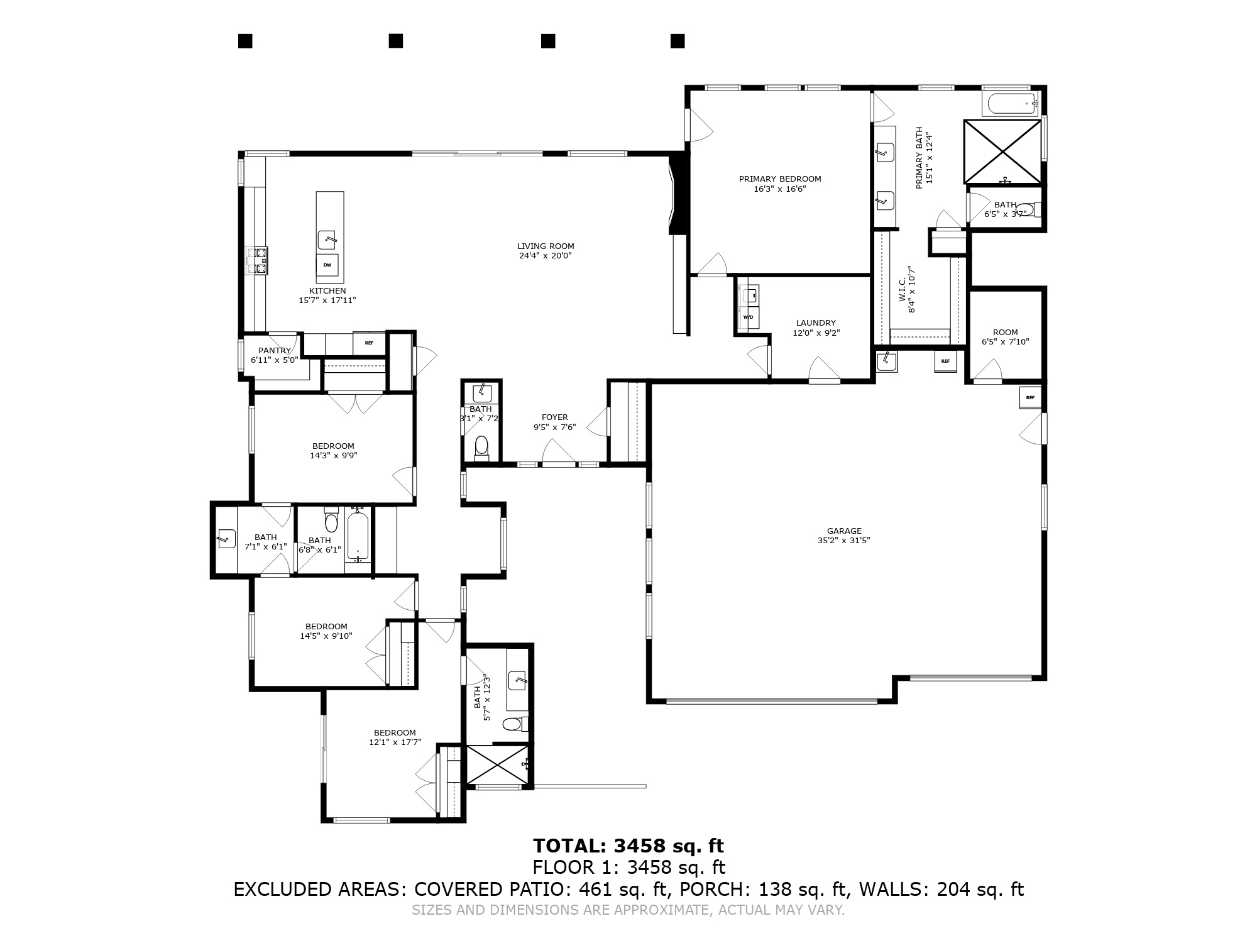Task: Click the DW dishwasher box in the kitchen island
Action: point(327,265)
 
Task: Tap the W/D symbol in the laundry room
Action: point(749,317)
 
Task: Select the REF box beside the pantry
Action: point(369,343)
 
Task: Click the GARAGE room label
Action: point(844,531)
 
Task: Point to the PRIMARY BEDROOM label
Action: point(780,179)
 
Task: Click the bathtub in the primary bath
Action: point(1011,104)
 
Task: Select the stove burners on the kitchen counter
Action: point(257,261)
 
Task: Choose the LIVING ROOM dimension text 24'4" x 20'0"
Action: point(545,256)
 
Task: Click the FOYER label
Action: point(554,417)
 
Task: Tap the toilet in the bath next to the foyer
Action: point(481,447)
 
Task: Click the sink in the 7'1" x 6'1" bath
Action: point(226,539)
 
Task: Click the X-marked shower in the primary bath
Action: point(1002,152)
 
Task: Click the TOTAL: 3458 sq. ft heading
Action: point(628,846)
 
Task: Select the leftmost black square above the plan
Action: point(245,41)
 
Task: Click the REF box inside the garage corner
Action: point(1030,397)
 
